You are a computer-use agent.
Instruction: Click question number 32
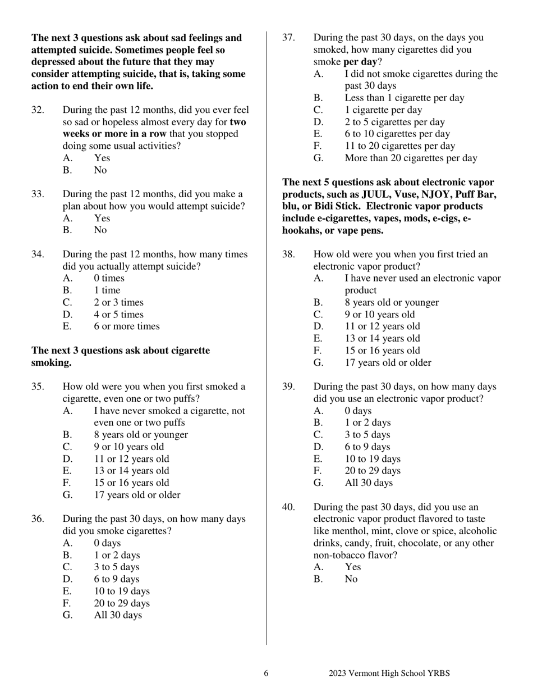click(38, 110)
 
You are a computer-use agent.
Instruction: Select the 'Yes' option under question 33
click(102, 218)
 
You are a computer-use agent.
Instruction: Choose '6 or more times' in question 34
click(126, 326)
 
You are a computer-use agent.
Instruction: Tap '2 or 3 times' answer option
click(118, 302)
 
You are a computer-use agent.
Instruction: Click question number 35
click(38, 387)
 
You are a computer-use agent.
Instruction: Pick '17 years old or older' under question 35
click(137, 495)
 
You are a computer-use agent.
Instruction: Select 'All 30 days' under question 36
click(118, 615)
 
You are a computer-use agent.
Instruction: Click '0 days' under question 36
click(107, 543)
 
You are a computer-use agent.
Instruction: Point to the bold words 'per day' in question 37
click(360, 62)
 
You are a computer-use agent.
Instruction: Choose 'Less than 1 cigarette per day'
click(404, 98)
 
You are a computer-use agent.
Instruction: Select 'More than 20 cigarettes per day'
click(411, 158)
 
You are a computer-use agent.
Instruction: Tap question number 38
click(288, 254)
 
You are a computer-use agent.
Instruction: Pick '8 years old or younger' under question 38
click(392, 302)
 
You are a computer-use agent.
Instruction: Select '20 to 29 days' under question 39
click(373, 471)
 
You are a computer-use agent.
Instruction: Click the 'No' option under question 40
click(351, 579)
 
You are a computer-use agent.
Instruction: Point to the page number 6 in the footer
click(266, 674)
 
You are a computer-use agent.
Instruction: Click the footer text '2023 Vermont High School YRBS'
click(389, 674)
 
